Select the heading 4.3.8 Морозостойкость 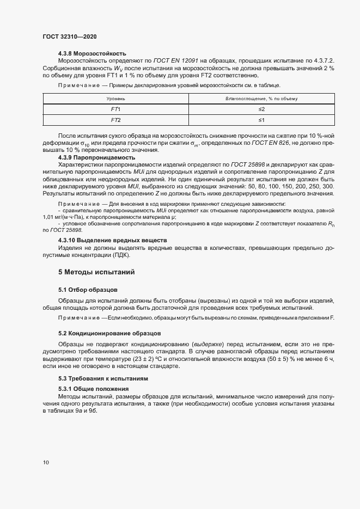(93, 53)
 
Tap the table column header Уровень (115, 99)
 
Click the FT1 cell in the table (115, 109)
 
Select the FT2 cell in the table (115, 120)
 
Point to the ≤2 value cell (261, 109)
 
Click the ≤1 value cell (261, 120)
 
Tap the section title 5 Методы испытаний (96, 272)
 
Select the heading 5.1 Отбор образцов (88, 289)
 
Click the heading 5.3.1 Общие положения (93, 389)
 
